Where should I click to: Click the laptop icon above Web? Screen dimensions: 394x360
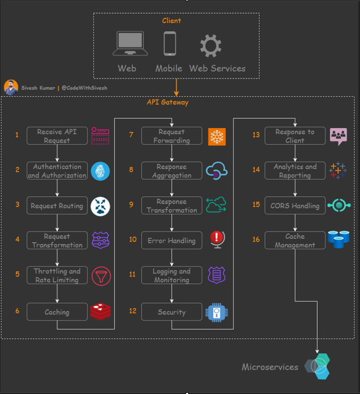pyautogui.click(x=130, y=44)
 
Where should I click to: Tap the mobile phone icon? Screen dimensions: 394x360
pyautogui.click(x=169, y=44)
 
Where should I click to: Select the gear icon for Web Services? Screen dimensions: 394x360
pyautogui.click(x=210, y=45)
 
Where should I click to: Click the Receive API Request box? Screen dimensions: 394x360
pyautogui.click(x=57, y=136)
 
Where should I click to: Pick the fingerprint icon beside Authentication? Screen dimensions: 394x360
pyautogui.click(x=100, y=171)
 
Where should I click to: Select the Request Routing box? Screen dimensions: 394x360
pyautogui.click(x=57, y=206)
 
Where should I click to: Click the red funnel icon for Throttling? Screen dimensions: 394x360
pyautogui.click(x=100, y=276)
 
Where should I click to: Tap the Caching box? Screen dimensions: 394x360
pyautogui.click(x=57, y=312)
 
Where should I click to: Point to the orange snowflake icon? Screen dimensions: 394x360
pyautogui.click(x=217, y=136)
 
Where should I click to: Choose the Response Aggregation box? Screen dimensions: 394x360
pyautogui.click(x=172, y=171)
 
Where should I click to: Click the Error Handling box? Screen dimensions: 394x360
pyautogui.click(x=172, y=241)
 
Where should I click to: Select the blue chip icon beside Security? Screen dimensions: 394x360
pyautogui.click(x=216, y=312)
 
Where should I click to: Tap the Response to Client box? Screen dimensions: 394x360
pyautogui.click(x=295, y=136)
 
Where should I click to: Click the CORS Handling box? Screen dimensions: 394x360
pyautogui.click(x=295, y=206)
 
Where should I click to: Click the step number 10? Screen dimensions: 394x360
pyautogui.click(x=133, y=240)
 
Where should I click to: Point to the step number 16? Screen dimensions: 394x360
pyautogui.click(x=256, y=240)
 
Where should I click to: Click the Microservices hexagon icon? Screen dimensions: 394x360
pyautogui.click(x=317, y=366)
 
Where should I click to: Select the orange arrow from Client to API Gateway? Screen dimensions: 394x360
pyautogui.click(x=177, y=87)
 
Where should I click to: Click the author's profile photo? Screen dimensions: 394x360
pyautogui.click(x=11, y=87)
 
